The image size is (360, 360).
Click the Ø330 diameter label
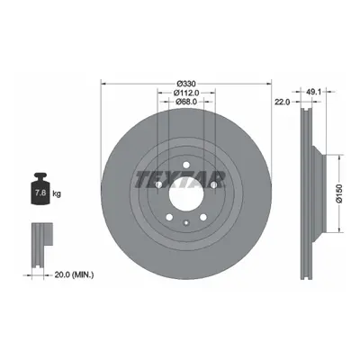186,83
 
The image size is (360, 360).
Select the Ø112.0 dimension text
186,93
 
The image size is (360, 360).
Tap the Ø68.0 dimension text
186,102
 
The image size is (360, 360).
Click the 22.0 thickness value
283,102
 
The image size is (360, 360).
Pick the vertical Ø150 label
339,194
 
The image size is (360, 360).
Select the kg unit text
57,193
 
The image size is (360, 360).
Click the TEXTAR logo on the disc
180,180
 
